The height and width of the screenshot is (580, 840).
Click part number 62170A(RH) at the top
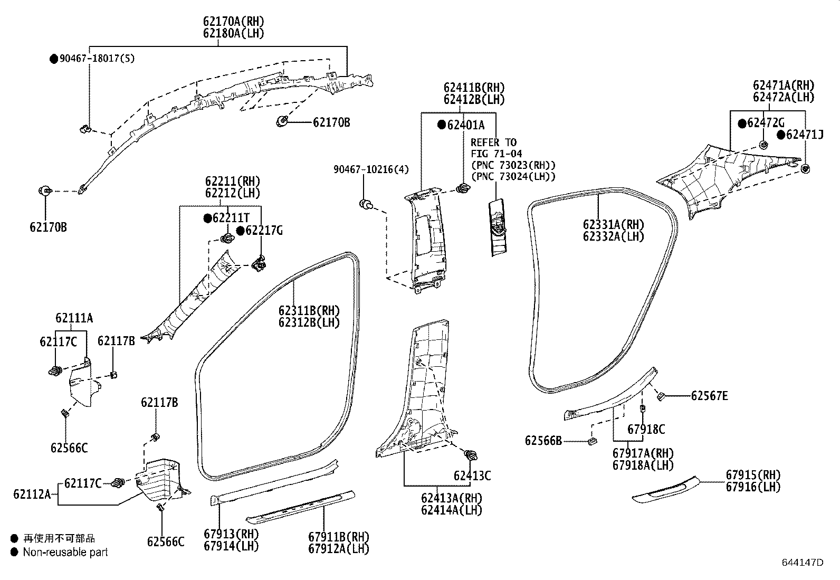click(233, 22)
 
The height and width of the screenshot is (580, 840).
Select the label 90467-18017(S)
click(97, 59)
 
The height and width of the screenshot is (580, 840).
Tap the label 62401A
click(465, 125)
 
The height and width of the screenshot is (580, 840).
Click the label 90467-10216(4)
click(371, 169)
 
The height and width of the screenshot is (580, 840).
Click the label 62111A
click(74, 318)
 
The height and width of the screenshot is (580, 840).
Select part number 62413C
click(472, 476)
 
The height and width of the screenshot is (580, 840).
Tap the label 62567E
click(709, 395)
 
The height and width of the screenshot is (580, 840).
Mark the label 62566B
click(543, 440)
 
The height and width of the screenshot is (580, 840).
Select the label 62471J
click(804, 135)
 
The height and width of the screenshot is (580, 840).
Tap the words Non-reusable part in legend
click(65, 552)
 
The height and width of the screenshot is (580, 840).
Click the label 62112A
click(32, 495)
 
